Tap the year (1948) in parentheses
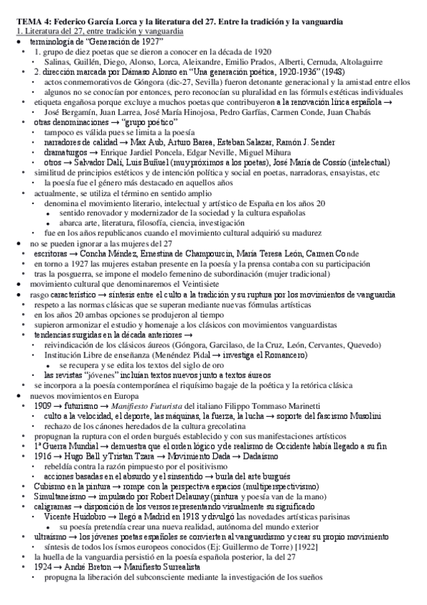pos(334,73)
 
